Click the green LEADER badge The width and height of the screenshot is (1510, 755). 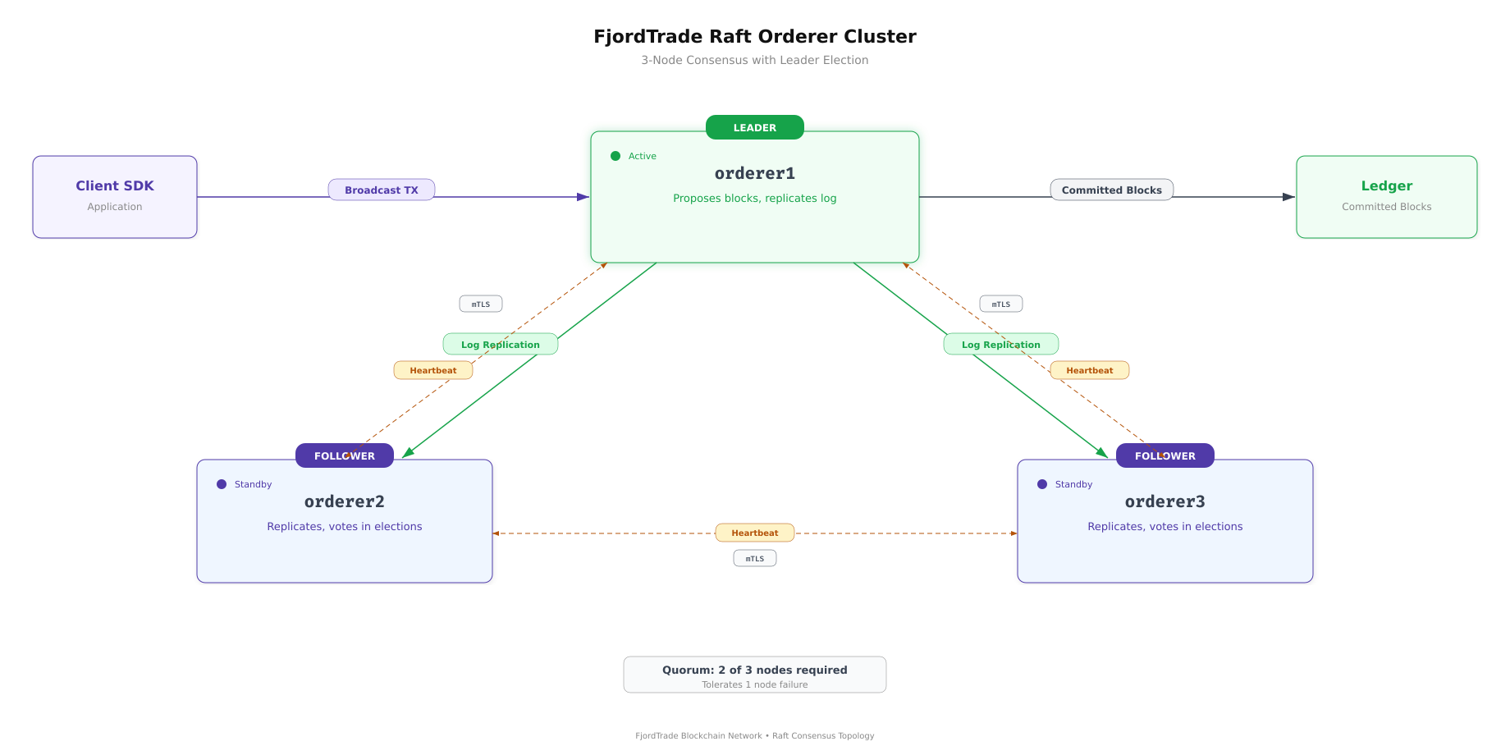click(x=754, y=127)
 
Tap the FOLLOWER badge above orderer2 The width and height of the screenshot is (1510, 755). click(x=344, y=455)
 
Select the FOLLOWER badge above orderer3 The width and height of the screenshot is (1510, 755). click(x=1165, y=455)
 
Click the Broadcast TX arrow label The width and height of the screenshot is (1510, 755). click(x=381, y=190)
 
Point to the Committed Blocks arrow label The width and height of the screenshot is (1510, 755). click(x=1111, y=190)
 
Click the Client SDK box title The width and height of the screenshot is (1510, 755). click(x=115, y=185)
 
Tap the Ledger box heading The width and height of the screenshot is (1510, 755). click(x=1386, y=185)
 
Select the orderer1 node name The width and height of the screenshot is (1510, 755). click(x=754, y=173)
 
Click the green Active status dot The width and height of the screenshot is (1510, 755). click(x=615, y=156)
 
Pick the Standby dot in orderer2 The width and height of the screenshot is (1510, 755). click(x=222, y=484)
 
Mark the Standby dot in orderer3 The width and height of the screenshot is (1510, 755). click(x=1042, y=484)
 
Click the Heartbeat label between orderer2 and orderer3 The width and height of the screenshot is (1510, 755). click(x=754, y=533)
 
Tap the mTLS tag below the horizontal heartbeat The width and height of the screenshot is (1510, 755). click(x=754, y=558)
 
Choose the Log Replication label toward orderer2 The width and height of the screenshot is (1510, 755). click(x=500, y=344)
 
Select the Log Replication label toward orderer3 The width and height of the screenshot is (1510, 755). click(x=1000, y=344)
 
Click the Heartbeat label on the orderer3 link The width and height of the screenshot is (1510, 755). click(x=1089, y=370)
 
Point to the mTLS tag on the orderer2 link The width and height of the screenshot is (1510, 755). click(x=480, y=304)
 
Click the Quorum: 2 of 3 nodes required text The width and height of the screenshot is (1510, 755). click(x=754, y=670)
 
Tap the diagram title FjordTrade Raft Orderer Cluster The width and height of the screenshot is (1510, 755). click(x=754, y=36)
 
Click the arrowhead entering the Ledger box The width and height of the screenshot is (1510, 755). click(x=1288, y=197)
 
